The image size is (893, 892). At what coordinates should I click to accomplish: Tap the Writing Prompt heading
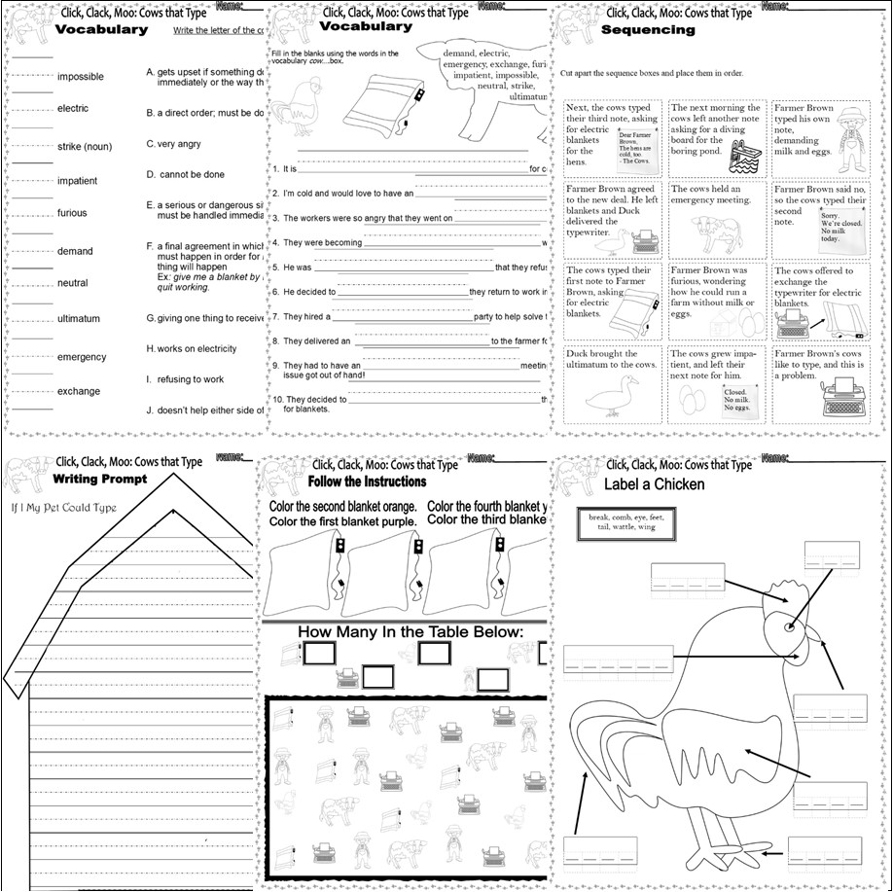[x=100, y=479]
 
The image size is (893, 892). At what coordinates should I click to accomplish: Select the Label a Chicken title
[x=654, y=483]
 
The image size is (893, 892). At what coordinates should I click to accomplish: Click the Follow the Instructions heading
[x=367, y=482]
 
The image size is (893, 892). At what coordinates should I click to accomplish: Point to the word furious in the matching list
[x=72, y=213]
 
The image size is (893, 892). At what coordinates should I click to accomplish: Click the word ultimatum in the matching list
[x=79, y=318]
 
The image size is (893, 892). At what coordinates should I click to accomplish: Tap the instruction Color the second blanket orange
[x=342, y=507]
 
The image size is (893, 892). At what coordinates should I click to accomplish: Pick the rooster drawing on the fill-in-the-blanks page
[x=298, y=107]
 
